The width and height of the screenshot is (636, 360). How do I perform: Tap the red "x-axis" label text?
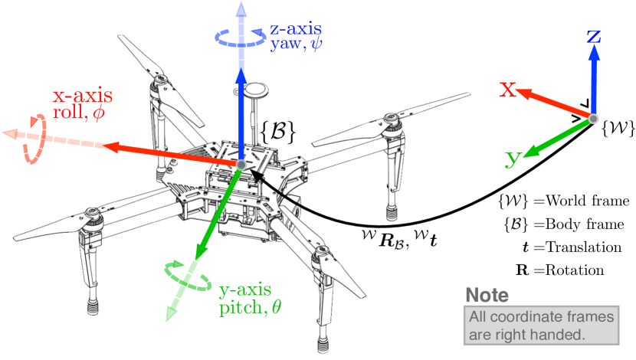[x=82, y=97]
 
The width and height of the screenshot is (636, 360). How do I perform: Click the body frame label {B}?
[x=279, y=127]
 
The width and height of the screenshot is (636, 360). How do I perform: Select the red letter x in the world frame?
[x=507, y=90]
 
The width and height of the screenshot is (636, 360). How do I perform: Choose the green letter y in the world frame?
[x=513, y=159]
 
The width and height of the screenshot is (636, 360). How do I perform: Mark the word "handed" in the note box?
[x=562, y=334]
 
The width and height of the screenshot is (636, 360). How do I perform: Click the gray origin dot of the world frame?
[x=593, y=118]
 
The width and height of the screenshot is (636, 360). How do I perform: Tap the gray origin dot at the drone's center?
[x=241, y=164]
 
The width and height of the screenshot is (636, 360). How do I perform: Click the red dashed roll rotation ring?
[x=33, y=139]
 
